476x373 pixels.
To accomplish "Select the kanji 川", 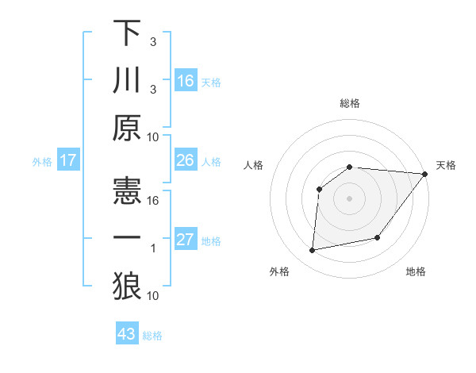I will pos(127,80).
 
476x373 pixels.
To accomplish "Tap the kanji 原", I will pos(127,128).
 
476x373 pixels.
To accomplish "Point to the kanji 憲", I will pos(127,191).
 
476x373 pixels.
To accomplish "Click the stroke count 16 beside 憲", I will pos(153,200).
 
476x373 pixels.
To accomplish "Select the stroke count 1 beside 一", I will pos(153,248).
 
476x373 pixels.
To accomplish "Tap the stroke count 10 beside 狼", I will pos(153,295).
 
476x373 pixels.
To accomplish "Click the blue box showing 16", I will pos(186,81).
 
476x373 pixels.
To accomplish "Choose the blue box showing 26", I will pos(186,160).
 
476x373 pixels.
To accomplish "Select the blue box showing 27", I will pos(186,240).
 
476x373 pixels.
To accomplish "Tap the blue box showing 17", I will pos(68,160).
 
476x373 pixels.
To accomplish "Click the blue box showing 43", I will pos(127,334).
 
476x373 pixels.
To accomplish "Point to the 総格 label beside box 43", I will pos(153,336).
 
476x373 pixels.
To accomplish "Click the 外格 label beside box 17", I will pos(42,161).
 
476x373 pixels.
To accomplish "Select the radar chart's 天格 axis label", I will pos(446,165).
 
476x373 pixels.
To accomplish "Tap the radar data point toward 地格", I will pos(378,237).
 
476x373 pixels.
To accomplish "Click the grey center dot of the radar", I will pos(349,198).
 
